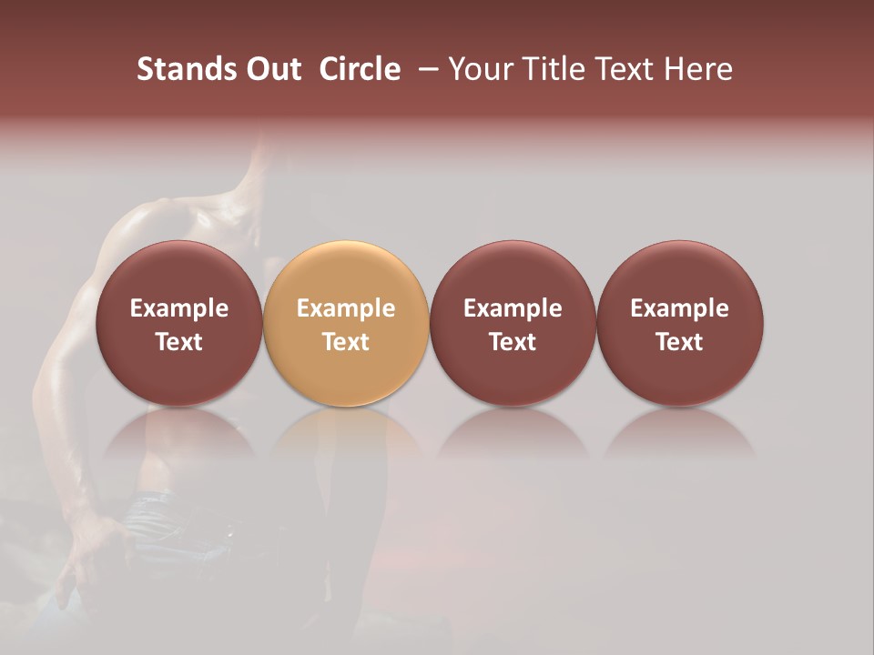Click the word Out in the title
click(270, 69)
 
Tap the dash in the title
click(425, 69)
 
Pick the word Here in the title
click(697, 69)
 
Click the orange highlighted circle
click(346, 322)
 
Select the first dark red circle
click(178, 322)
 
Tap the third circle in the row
click(513, 322)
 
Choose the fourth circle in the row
click(679, 322)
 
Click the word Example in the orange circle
click(346, 308)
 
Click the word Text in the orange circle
click(346, 342)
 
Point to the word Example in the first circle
click(178, 308)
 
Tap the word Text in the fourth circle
click(679, 342)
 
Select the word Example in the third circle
click(513, 308)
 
